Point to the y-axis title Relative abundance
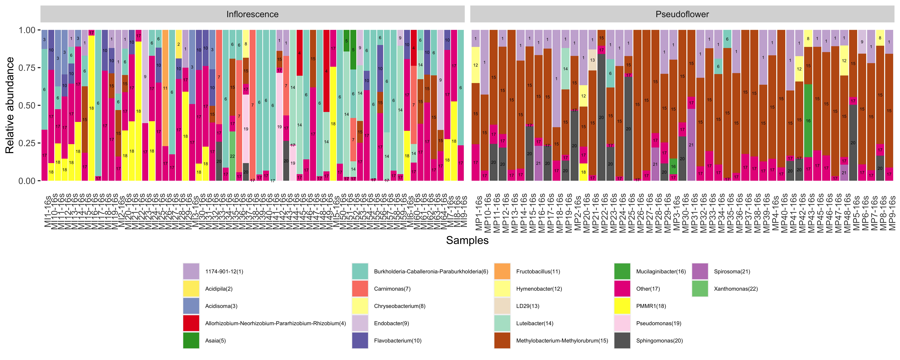pos(10,105)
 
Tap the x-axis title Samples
pos(467,240)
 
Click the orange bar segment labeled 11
pos(165,88)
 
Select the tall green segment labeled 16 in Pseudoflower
pos(808,121)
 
